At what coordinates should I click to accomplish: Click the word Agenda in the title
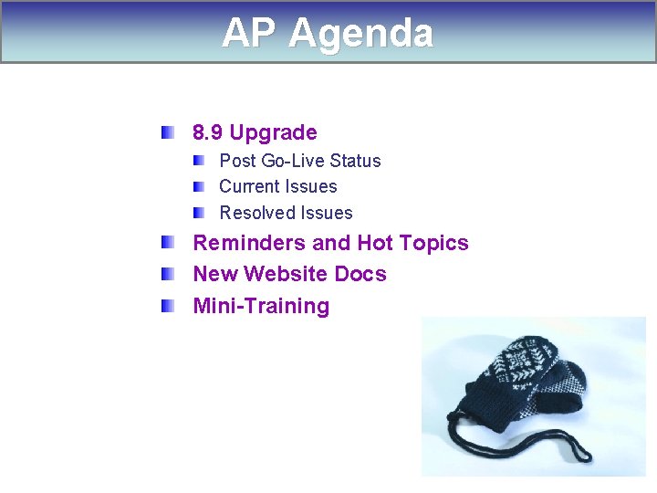tap(361, 35)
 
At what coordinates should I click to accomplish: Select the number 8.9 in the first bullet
tap(207, 133)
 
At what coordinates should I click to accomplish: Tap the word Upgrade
tap(273, 133)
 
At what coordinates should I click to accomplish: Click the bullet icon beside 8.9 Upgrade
tap(168, 132)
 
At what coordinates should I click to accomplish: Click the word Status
tap(355, 162)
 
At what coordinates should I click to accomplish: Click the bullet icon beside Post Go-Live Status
tap(199, 161)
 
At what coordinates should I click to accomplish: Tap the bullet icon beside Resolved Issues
tap(199, 213)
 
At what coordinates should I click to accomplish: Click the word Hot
tap(375, 244)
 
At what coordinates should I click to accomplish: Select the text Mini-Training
tap(261, 306)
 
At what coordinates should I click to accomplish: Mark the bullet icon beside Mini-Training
tap(168, 305)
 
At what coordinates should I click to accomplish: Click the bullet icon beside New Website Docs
tap(168, 274)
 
